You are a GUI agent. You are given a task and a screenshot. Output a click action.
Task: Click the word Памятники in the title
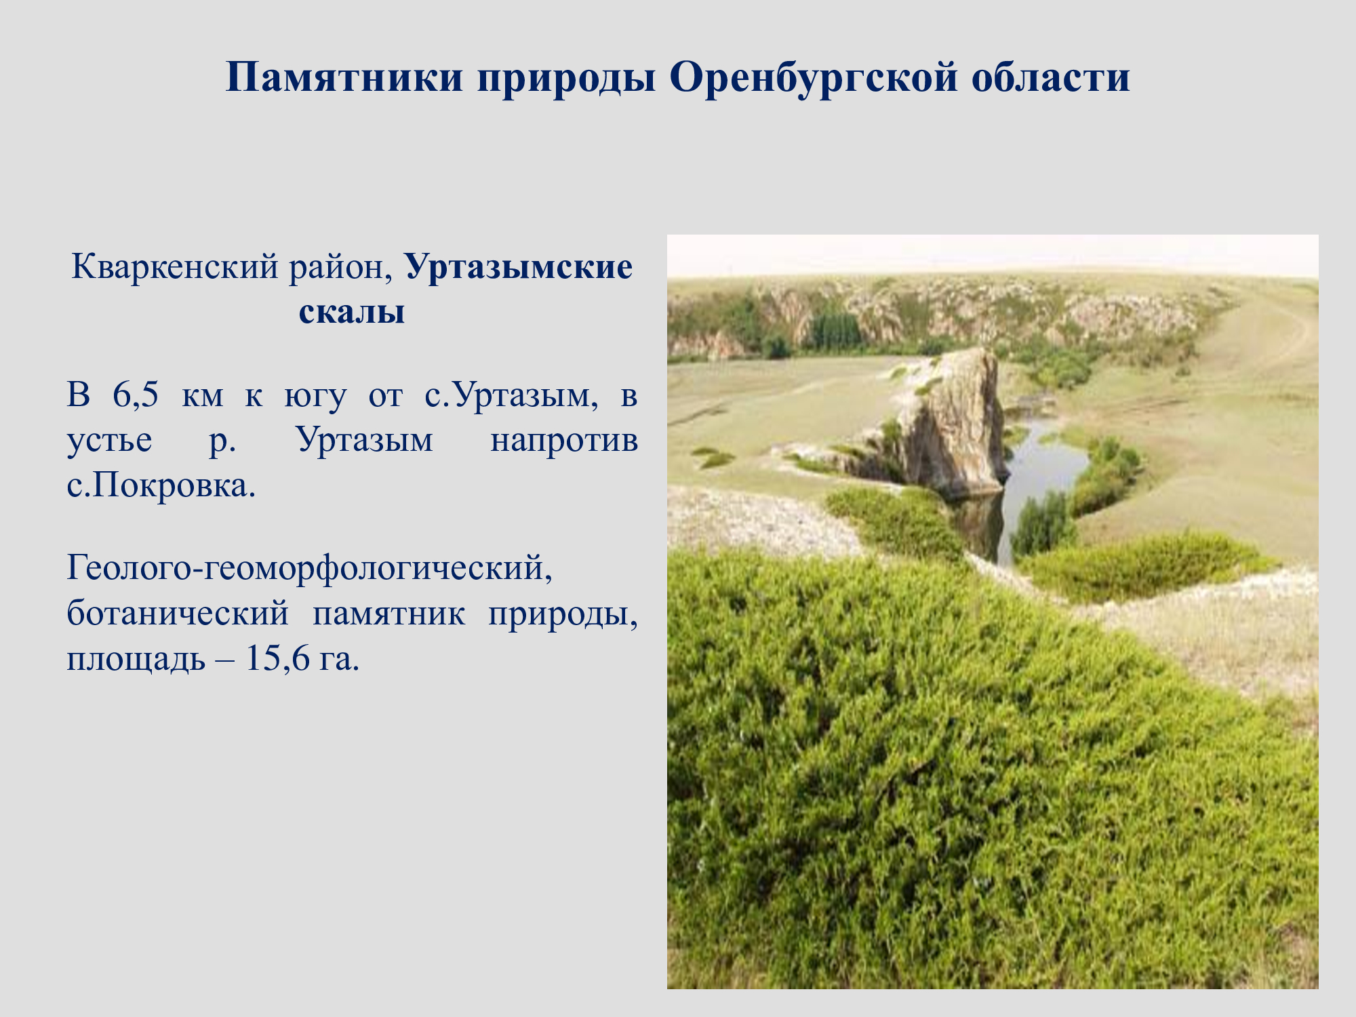[x=344, y=77]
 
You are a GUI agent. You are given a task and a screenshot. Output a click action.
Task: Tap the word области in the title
[x=1050, y=77]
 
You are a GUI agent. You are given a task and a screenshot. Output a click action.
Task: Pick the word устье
[x=109, y=441]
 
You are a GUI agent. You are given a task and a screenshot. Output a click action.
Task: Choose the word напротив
[x=564, y=441]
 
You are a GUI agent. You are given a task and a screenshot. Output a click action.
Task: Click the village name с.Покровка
[x=161, y=485]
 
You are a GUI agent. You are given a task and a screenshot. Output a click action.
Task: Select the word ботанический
[x=178, y=614]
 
